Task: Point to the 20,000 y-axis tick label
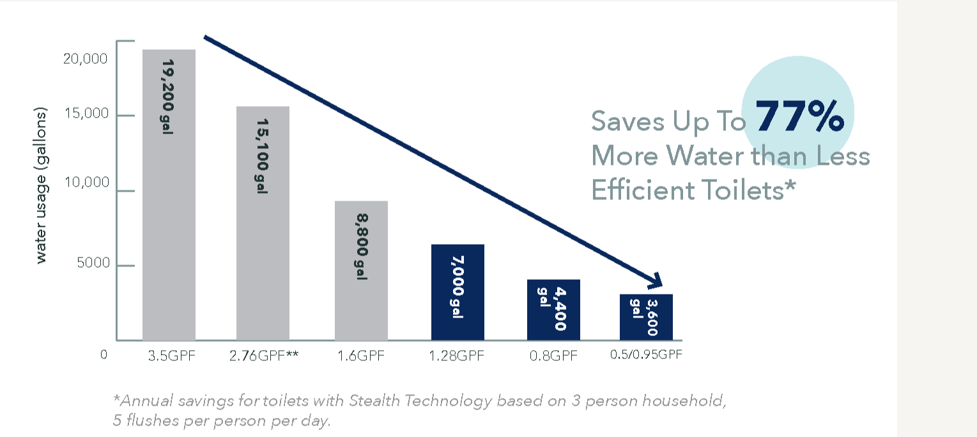tap(86, 59)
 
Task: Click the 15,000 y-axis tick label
tap(86, 114)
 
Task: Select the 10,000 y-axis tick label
tap(86, 183)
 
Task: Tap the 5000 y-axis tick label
tap(93, 263)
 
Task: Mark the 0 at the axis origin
tap(104, 354)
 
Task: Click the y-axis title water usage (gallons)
tap(42, 186)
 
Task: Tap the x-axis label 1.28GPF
tap(457, 356)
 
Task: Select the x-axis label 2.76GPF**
tap(263, 356)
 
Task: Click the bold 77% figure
tap(799, 117)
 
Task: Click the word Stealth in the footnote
tap(377, 401)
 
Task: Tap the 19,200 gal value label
tap(169, 96)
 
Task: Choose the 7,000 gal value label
tap(458, 286)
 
